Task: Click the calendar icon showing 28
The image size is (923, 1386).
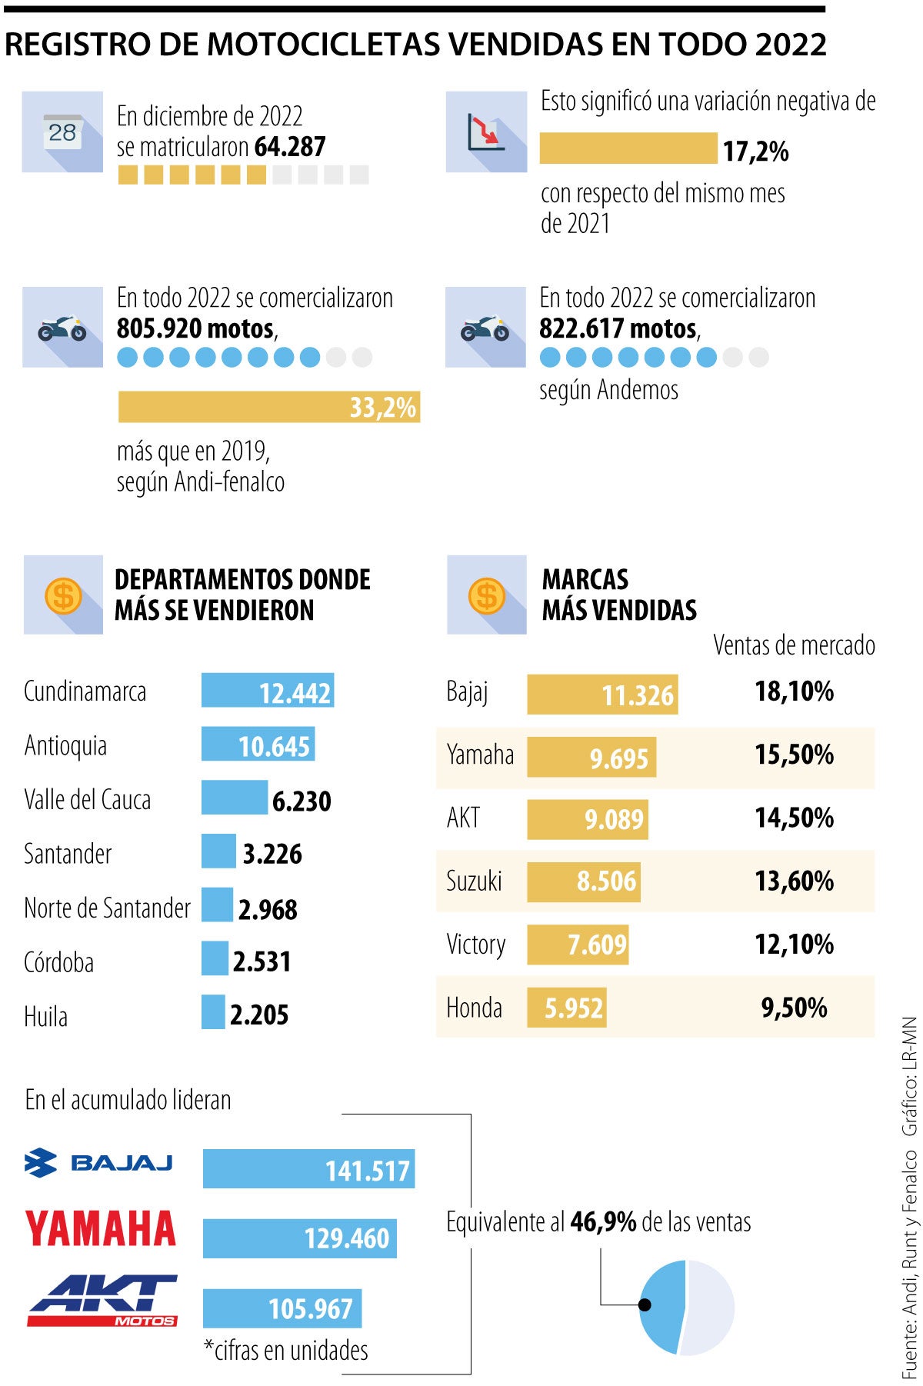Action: pyautogui.click(x=62, y=132)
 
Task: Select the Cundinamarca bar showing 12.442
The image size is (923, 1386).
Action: pyautogui.click(x=267, y=691)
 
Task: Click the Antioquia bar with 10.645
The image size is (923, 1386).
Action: pyautogui.click(x=258, y=745)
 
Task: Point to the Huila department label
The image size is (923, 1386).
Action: pyautogui.click(x=46, y=1016)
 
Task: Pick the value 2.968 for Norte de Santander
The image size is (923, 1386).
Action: pyautogui.click(x=268, y=909)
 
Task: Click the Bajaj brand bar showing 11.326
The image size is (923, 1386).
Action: pyautogui.click(x=601, y=695)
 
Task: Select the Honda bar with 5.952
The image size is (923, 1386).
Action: pyautogui.click(x=566, y=1008)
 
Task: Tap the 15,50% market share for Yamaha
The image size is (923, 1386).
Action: pyautogui.click(x=794, y=755)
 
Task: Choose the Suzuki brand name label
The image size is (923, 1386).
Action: pyautogui.click(x=474, y=881)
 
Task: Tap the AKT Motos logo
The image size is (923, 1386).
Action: pyautogui.click(x=102, y=1301)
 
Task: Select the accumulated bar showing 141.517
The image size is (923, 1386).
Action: pyautogui.click(x=308, y=1169)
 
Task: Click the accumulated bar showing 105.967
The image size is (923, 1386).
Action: pyautogui.click(x=282, y=1308)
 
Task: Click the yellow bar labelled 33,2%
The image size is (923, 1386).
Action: pyautogui.click(x=268, y=406)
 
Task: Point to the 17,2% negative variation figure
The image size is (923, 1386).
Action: pyautogui.click(x=755, y=151)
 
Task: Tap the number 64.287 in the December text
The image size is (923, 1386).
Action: pyautogui.click(x=290, y=146)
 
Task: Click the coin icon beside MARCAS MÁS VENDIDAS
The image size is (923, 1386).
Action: pyautogui.click(x=486, y=595)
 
